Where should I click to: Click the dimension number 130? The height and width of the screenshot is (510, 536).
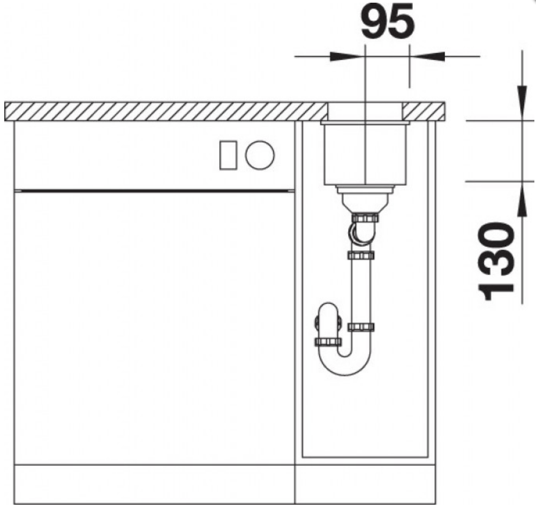[x=496, y=261]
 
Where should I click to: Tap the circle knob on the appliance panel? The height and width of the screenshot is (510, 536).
[x=260, y=155]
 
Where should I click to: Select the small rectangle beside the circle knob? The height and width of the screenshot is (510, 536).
[x=228, y=155]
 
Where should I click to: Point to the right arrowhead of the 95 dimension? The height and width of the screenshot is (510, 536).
[x=427, y=56]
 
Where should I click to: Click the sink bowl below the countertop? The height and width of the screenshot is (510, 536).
[x=365, y=153]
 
